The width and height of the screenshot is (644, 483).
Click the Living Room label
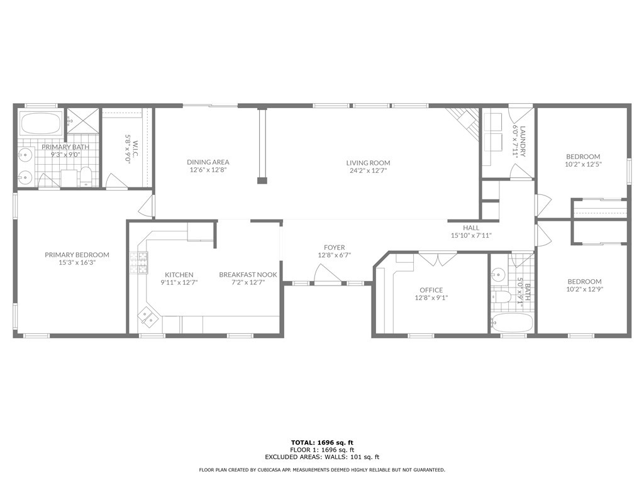(x=368, y=163)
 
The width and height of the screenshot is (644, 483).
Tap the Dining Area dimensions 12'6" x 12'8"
(x=208, y=170)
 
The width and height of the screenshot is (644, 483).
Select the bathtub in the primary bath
(x=41, y=123)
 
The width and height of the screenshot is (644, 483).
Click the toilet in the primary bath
(x=86, y=177)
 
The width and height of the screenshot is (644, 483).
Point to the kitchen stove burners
(x=139, y=263)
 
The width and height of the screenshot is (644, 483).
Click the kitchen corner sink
(x=147, y=317)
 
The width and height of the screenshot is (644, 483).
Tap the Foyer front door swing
(x=327, y=274)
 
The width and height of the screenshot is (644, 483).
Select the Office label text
(x=431, y=290)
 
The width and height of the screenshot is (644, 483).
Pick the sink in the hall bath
(x=498, y=273)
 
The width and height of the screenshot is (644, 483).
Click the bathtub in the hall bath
(x=512, y=323)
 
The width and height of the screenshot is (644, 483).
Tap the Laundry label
(x=523, y=142)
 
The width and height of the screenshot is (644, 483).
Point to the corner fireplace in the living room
(x=465, y=122)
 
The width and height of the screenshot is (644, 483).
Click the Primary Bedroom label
(x=77, y=255)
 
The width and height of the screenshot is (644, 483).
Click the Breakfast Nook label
(x=248, y=274)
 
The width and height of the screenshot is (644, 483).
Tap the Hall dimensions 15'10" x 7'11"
(x=471, y=236)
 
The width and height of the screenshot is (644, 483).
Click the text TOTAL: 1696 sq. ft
(x=322, y=442)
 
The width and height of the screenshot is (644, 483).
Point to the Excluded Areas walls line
(x=322, y=457)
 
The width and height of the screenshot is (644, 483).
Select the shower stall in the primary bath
(x=84, y=121)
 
